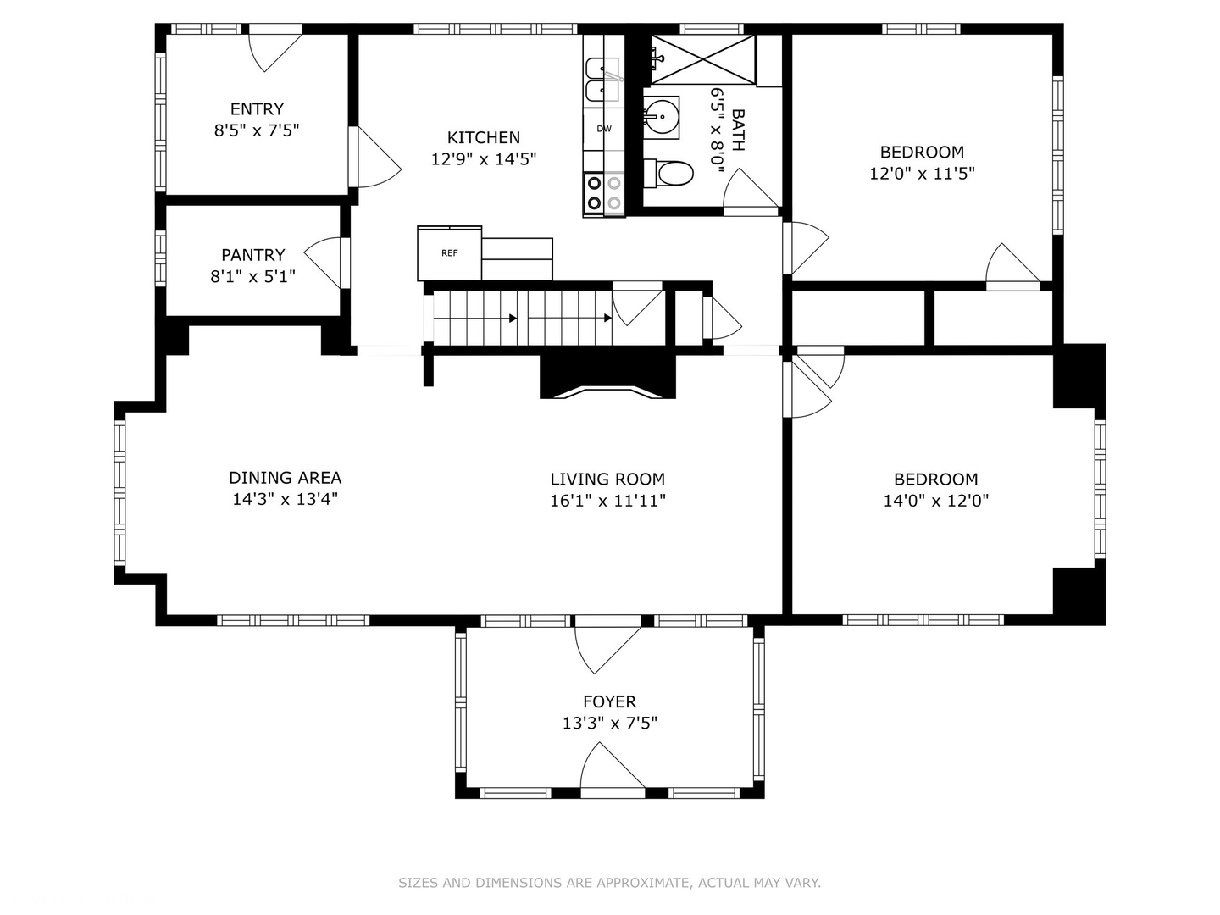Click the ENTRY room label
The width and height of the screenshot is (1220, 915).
[257, 109]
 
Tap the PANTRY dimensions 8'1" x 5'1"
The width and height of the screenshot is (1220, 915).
[252, 276]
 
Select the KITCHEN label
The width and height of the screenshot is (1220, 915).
[484, 137]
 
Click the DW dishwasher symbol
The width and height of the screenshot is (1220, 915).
[604, 129]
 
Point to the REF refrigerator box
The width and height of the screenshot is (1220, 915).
[449, 253]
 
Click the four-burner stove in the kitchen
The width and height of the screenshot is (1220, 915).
[603, 193]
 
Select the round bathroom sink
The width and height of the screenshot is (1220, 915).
[661, 112]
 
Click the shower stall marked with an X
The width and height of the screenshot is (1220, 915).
[702, 59]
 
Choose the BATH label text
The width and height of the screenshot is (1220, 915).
[737, 130]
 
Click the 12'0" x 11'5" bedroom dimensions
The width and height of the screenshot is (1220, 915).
[922, 174]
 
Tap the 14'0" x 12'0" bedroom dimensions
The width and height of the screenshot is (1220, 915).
[935, 501]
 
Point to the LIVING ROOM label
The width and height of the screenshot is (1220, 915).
[607, 480]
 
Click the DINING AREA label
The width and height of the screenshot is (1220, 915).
[285, 478]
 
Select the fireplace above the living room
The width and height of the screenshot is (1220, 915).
[607, 377]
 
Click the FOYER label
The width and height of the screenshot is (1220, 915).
[609, 701]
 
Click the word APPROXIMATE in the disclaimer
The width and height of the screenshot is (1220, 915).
[643, 883]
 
